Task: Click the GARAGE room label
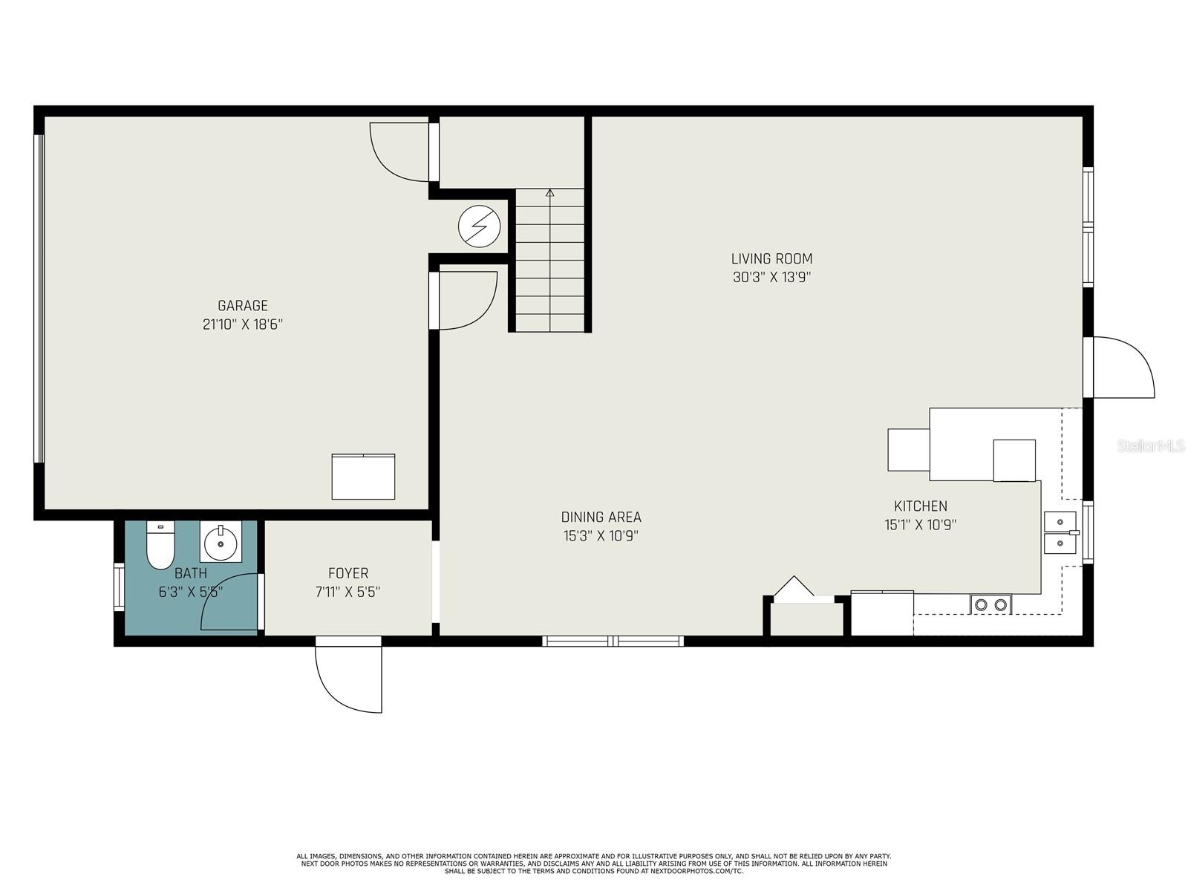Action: tap(243, 306)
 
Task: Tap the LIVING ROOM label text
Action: tap(771, 258)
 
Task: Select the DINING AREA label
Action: tap(601, 518)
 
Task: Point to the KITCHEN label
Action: tap(921, 506)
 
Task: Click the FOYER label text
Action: tap(348, 573)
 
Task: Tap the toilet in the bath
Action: tap(160, 545)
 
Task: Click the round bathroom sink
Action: tap(221, 541)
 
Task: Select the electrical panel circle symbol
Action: tap(479, 226)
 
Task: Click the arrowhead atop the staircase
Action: tap(550, 192)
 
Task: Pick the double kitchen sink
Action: tap(1060, 533)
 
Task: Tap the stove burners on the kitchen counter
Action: tap(990, 604)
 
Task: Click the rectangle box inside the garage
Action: tap(363, 477)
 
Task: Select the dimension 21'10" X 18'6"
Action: tap(243, 324)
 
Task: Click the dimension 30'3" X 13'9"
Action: tap(771, 278)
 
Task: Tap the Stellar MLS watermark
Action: tap(1151, 446)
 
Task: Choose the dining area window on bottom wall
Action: tap(613, 641)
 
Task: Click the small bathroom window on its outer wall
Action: tap(119, 587)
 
